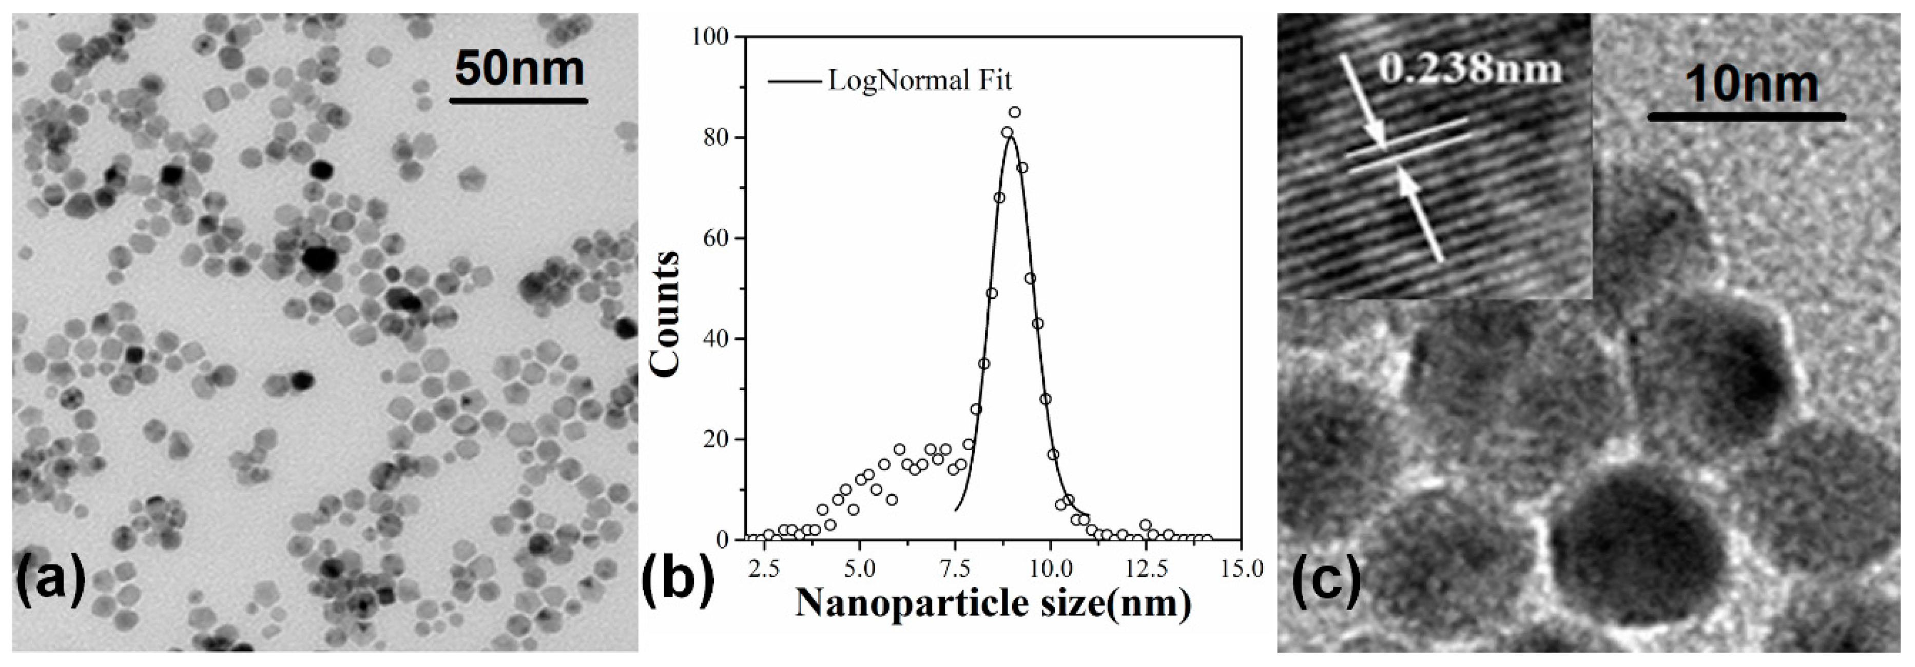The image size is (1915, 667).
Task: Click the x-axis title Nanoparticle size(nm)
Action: click(993, 603)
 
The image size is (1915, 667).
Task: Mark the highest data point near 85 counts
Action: click(1015, 112)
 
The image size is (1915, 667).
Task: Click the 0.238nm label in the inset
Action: click(1471, 68)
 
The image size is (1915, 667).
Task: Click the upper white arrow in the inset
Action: click(1362, 100)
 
